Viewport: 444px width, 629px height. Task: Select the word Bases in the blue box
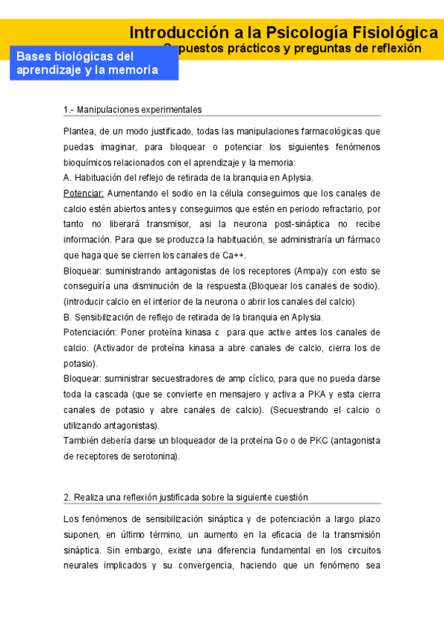click(x=33, y=56)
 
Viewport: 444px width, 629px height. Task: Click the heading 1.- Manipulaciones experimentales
click(x=133, y=110)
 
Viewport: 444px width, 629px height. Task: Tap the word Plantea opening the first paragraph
click(x=80, y=131)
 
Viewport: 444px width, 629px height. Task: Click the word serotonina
click(x=153, y=456)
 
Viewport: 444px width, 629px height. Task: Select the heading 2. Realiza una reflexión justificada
click(x=185, y=497)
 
